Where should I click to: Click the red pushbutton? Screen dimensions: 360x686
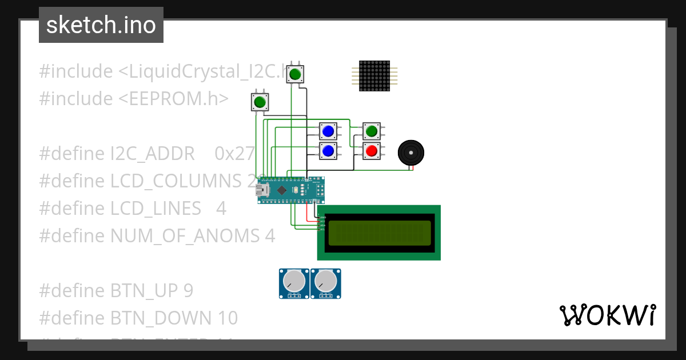pyautogui.click(x=372, y=151)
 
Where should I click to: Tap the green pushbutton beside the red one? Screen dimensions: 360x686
pyautogui.click(x=372, y=131)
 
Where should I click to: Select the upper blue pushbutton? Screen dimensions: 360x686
pyautogui.click(x=328, y=131)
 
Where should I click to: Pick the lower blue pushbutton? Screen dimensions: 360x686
pyautogui.click(x=328, y=151)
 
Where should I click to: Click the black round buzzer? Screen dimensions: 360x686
pyautogui.click(x=411, y=153)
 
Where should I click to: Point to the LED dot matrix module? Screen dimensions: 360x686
pyautogui.click(x=374, y=75)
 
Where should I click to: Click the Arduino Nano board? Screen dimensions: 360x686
pyautogui.click(x=292, y=190)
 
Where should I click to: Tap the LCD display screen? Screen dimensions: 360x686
pyautogui.click(x=379, y=233)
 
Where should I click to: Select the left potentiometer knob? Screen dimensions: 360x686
pyautogui.click(x=294, y=281)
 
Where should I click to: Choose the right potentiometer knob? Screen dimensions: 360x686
pyautogui.click(x=325, y=281)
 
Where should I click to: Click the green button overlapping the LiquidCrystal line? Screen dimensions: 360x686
pyautogui.click(x=295, y=74)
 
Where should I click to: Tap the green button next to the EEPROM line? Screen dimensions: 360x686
pyautogui.click(x=260, y=102)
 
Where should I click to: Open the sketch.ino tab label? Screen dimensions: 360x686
pyautogui.click(x=101, y=25)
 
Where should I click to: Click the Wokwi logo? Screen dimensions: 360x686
pyautogui.click(x=607, y=315)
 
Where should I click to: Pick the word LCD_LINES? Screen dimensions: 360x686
pyautogui.click(x=155, y=209)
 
